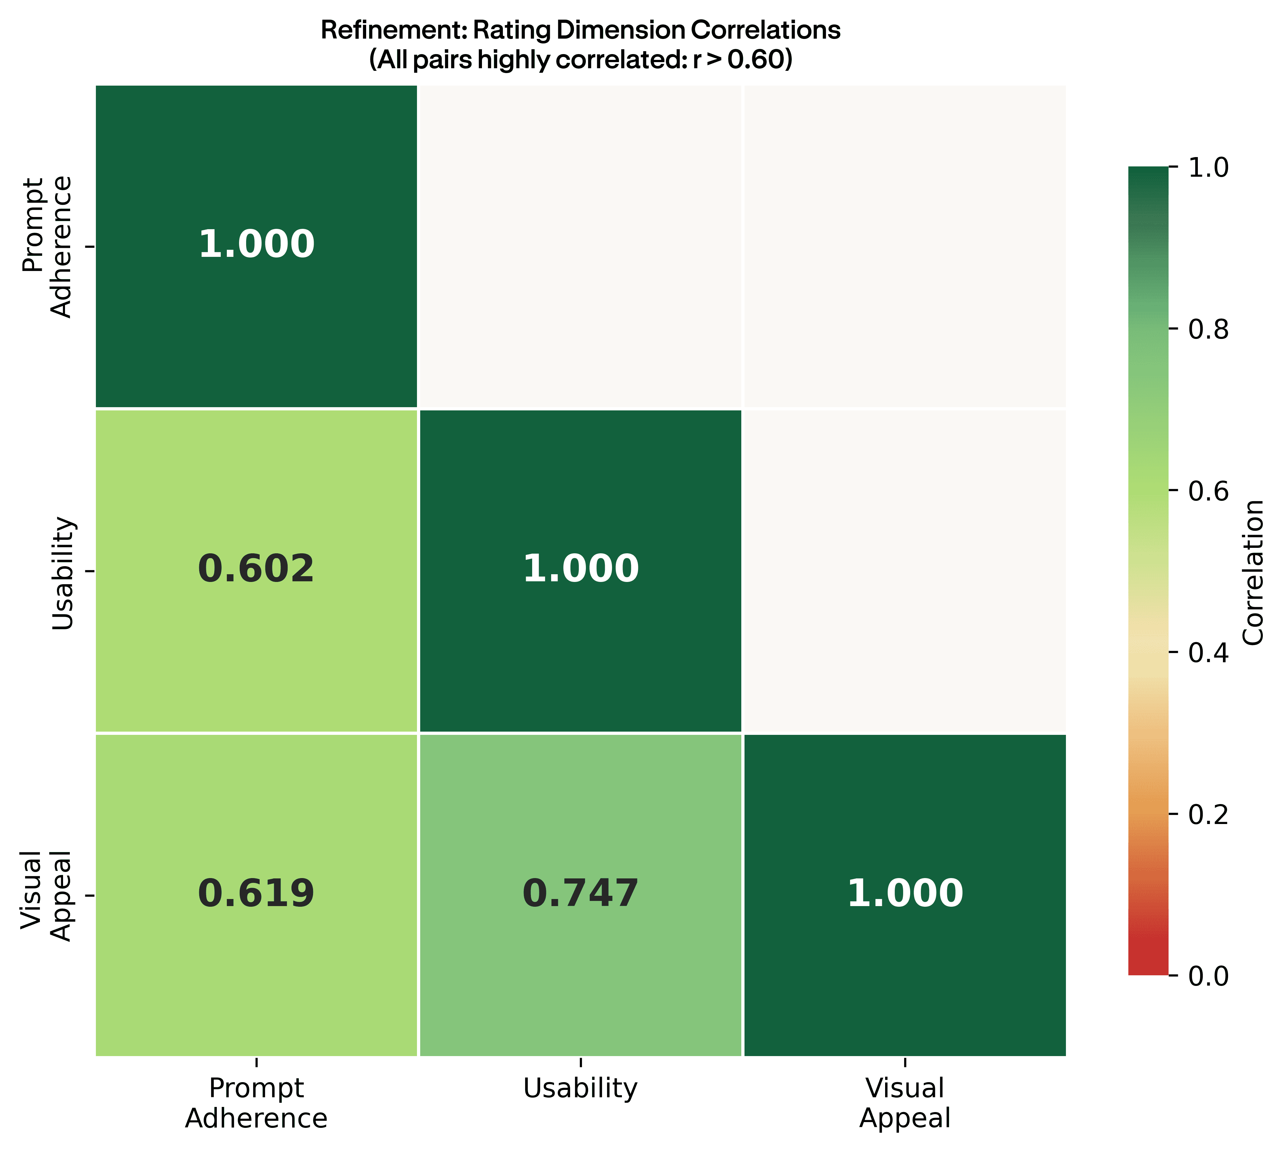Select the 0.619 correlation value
coord(256,893)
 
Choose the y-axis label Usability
coord(63,573)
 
